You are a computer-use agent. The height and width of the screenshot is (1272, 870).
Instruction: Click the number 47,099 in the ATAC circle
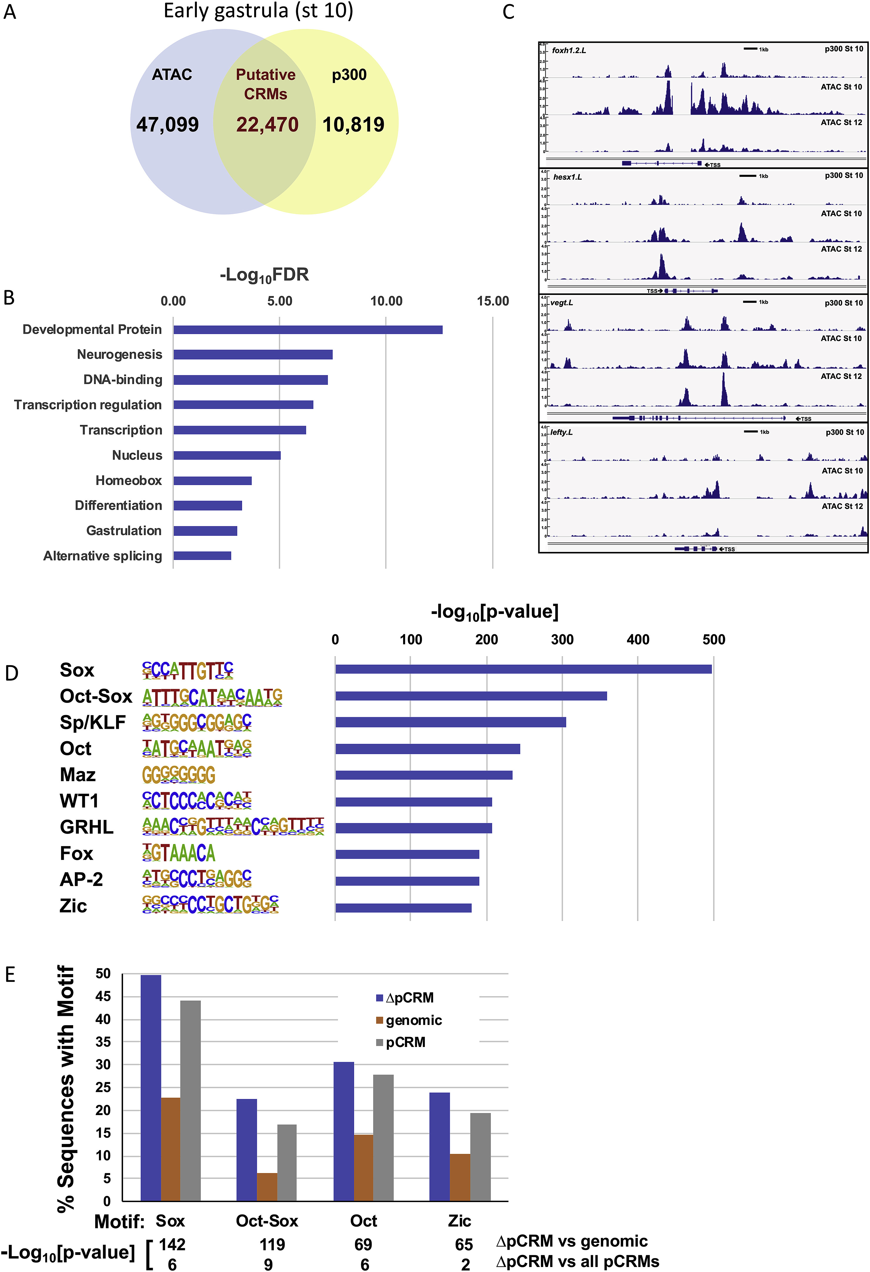coord(167,125)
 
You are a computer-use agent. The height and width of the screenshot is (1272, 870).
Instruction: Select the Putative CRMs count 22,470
coord(267,125)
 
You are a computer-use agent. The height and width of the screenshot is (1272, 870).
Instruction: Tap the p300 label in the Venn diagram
coord(349,75)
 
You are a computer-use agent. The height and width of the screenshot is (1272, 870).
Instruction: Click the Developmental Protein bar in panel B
coord(308,330)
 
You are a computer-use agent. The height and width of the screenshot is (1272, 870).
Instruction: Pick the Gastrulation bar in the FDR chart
coord(205,531)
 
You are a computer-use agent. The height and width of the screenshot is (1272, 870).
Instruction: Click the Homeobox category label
coord(129,481)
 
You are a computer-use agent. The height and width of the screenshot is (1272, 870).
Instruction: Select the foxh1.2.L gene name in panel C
coord(569,50)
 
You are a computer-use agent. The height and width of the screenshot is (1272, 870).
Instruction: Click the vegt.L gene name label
coord(562,303)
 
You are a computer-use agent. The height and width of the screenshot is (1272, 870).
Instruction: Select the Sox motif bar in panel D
coord(523,669)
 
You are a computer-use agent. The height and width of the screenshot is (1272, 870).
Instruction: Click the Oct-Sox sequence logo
coord(212,697)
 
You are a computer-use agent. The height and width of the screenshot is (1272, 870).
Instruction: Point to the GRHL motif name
coord(86,827)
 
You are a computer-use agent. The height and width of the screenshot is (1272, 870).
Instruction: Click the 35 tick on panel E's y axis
coord(103,1042)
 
